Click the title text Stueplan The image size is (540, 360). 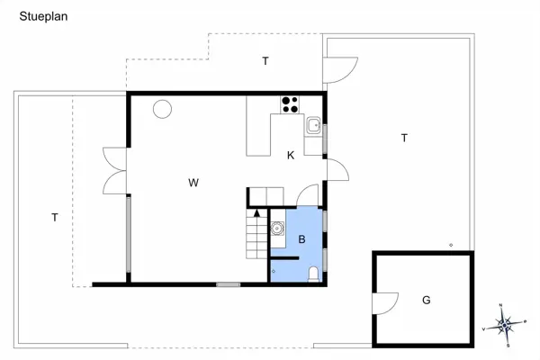43,16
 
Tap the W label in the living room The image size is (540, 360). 193,183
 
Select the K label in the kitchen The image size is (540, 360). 291,156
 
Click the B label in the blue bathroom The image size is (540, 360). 302,239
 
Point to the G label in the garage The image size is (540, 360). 426,300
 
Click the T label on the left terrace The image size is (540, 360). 55,217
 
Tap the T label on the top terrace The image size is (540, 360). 265,61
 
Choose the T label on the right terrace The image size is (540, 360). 404,138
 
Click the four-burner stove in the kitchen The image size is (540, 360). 290,103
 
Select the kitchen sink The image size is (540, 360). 313,125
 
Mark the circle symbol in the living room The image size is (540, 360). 162,109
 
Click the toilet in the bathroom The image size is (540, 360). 311,274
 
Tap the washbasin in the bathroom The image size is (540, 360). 278,229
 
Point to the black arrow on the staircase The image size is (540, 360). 257,213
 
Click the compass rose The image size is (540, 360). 506,322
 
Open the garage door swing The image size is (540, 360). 384,303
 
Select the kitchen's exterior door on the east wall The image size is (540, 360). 337,169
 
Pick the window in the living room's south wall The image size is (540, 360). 229,284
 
